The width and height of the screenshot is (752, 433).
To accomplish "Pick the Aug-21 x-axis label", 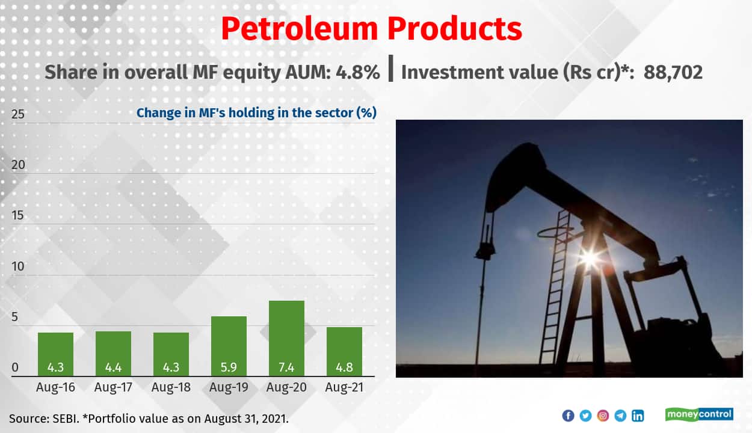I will point(344,387).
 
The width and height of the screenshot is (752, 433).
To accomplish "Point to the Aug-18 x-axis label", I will point(171,387).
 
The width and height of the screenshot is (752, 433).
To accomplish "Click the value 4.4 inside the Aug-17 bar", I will point(113,366).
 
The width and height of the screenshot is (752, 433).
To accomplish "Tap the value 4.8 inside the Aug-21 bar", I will point(344,366).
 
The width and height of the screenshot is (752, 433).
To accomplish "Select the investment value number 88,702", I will point(673,73).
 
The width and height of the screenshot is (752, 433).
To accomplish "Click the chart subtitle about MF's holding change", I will point(256,112).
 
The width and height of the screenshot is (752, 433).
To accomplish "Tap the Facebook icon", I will point(568,416).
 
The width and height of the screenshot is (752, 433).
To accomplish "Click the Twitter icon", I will point(585,416).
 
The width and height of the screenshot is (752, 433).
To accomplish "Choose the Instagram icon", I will point(603,416).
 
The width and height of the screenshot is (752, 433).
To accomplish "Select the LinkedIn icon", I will point(638,416).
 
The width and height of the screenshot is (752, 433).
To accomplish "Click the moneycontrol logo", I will point(699,414).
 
